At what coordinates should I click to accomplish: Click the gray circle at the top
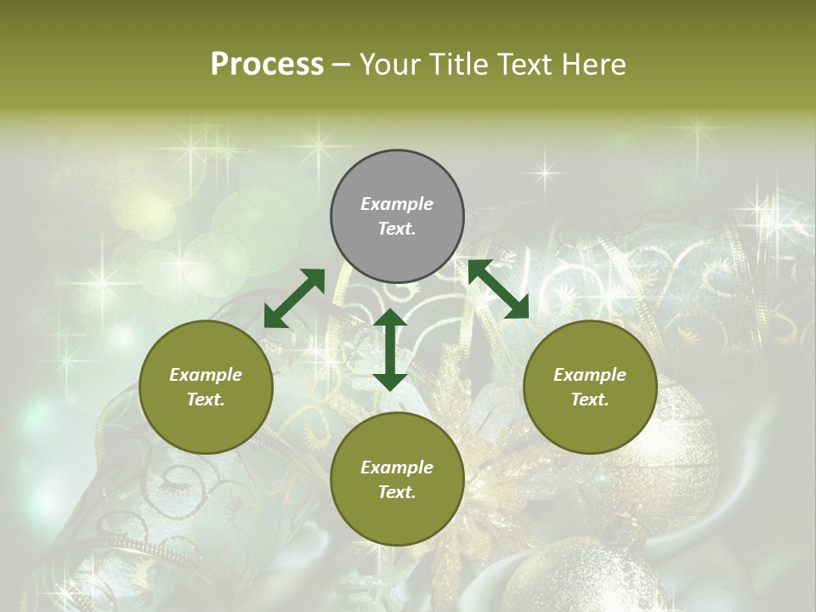tap(397, 217)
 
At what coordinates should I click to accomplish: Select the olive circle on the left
tap(206, 387)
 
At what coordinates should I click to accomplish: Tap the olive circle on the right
tap(590, 387)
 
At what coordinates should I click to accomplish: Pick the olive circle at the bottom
tap(397, 479)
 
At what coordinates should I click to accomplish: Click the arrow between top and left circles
tap(294, 298)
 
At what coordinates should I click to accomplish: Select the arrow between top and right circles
tap(499, 289)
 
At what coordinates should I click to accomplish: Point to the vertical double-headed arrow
tap(390, 349)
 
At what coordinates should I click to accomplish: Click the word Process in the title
tap(267, 65)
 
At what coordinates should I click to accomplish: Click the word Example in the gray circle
tap(397, 204)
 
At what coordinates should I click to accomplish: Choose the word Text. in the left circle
tap(206, 399)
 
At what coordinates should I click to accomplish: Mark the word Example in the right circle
tap(590, 375)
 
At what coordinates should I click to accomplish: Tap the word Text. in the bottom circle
tap(397, 492)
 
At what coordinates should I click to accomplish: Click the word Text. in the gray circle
tap(397, 229)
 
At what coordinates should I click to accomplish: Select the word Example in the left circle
tap(206, 375)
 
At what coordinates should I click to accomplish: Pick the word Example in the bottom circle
tap(397, 467)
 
